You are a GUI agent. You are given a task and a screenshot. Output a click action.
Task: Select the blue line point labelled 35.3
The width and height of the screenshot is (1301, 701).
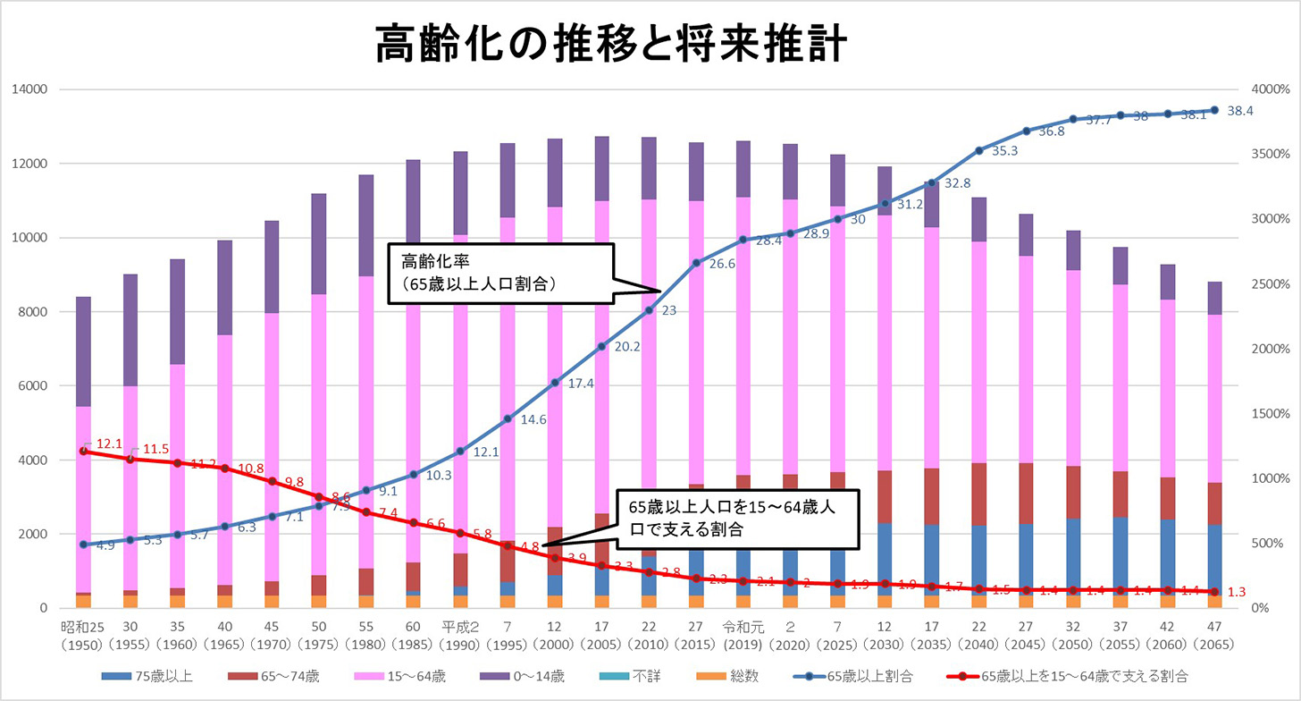tap(978, 150)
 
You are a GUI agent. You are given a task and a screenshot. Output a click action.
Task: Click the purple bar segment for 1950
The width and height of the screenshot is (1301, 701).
tap(82, 350)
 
